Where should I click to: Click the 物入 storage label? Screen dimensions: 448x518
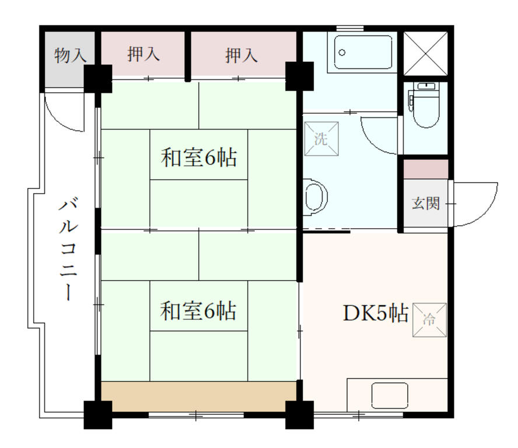point(70,56)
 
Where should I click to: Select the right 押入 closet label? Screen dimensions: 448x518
point(241,55)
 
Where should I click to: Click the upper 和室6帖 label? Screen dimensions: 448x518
point(199,157)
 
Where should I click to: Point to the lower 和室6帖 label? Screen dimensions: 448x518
point(199,311)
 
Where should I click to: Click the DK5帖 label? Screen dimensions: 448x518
point(374,313)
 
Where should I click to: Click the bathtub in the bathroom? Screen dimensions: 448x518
point(364,52)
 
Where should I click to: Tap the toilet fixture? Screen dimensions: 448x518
point(425,105)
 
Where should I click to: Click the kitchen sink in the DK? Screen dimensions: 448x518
point(390,395)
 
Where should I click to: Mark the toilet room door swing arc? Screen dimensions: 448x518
point(378,131)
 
